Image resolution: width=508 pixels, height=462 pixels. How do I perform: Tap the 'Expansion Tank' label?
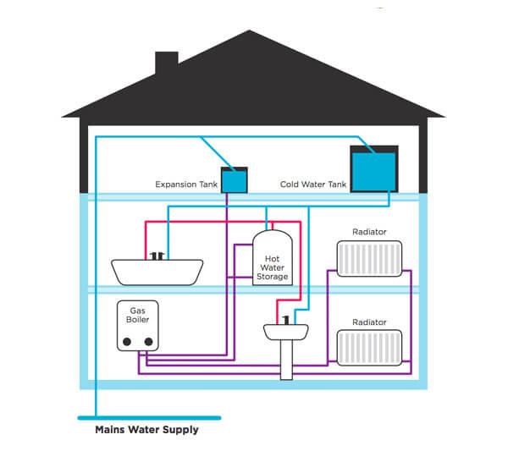[186, 184]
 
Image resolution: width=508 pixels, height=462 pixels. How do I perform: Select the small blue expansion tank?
[235, 179]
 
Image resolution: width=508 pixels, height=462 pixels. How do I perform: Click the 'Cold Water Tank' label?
[312, 184]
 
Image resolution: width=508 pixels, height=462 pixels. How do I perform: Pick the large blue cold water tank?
[373, 168]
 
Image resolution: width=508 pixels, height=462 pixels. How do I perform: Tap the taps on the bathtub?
[157, 254]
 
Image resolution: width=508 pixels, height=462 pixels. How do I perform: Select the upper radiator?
[369, 258]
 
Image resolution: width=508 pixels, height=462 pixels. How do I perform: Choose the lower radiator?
[369, 347]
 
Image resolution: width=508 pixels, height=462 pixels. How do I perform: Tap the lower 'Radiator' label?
[369, 322]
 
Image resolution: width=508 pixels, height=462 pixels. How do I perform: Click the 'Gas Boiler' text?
[138, 316]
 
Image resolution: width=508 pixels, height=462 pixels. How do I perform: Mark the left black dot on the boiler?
[127, 342]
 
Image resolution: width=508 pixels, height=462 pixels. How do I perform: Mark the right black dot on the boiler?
[149, 342]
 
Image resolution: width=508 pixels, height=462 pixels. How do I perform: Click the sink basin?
[288, 333]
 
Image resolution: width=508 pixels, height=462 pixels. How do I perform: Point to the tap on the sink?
[288, 319]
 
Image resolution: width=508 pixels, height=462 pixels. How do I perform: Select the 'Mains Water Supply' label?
[146, 430]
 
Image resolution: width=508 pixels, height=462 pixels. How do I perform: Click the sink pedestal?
[288, 360]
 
